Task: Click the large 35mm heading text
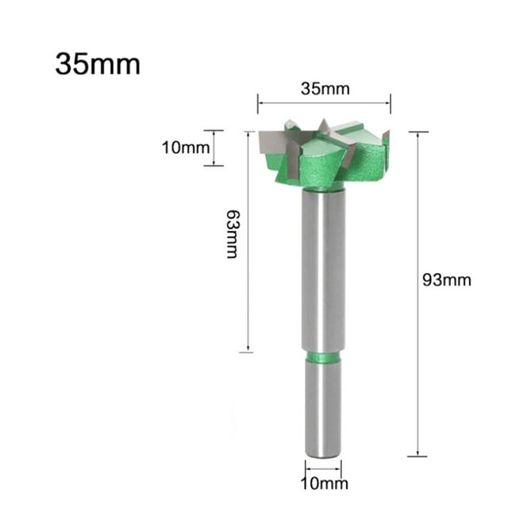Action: (97, 63)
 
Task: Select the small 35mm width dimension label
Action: (325, 88)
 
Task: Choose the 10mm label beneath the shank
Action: (324, 483)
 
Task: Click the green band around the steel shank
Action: (324, 357)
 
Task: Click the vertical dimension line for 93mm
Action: (418, 294)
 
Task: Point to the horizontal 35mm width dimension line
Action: (324, 102)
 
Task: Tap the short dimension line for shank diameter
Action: (324, 469)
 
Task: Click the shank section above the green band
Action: (324, 270)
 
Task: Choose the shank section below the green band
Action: (324, 409)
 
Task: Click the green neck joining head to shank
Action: (324, 185)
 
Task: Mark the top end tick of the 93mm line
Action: (418, 132)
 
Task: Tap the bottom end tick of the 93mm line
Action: (418, 456)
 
